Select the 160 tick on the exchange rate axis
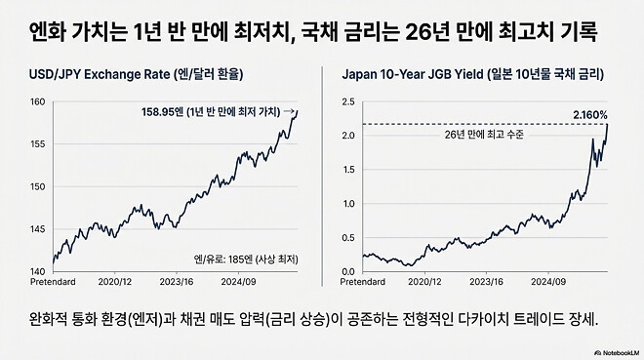[38, 101]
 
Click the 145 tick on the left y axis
[38, 229]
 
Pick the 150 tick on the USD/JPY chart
[38, 186]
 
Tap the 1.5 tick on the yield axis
[348, 169]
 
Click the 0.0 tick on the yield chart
[348, 271]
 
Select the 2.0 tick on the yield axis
[348, 135]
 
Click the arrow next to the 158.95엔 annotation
[290, 111]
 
